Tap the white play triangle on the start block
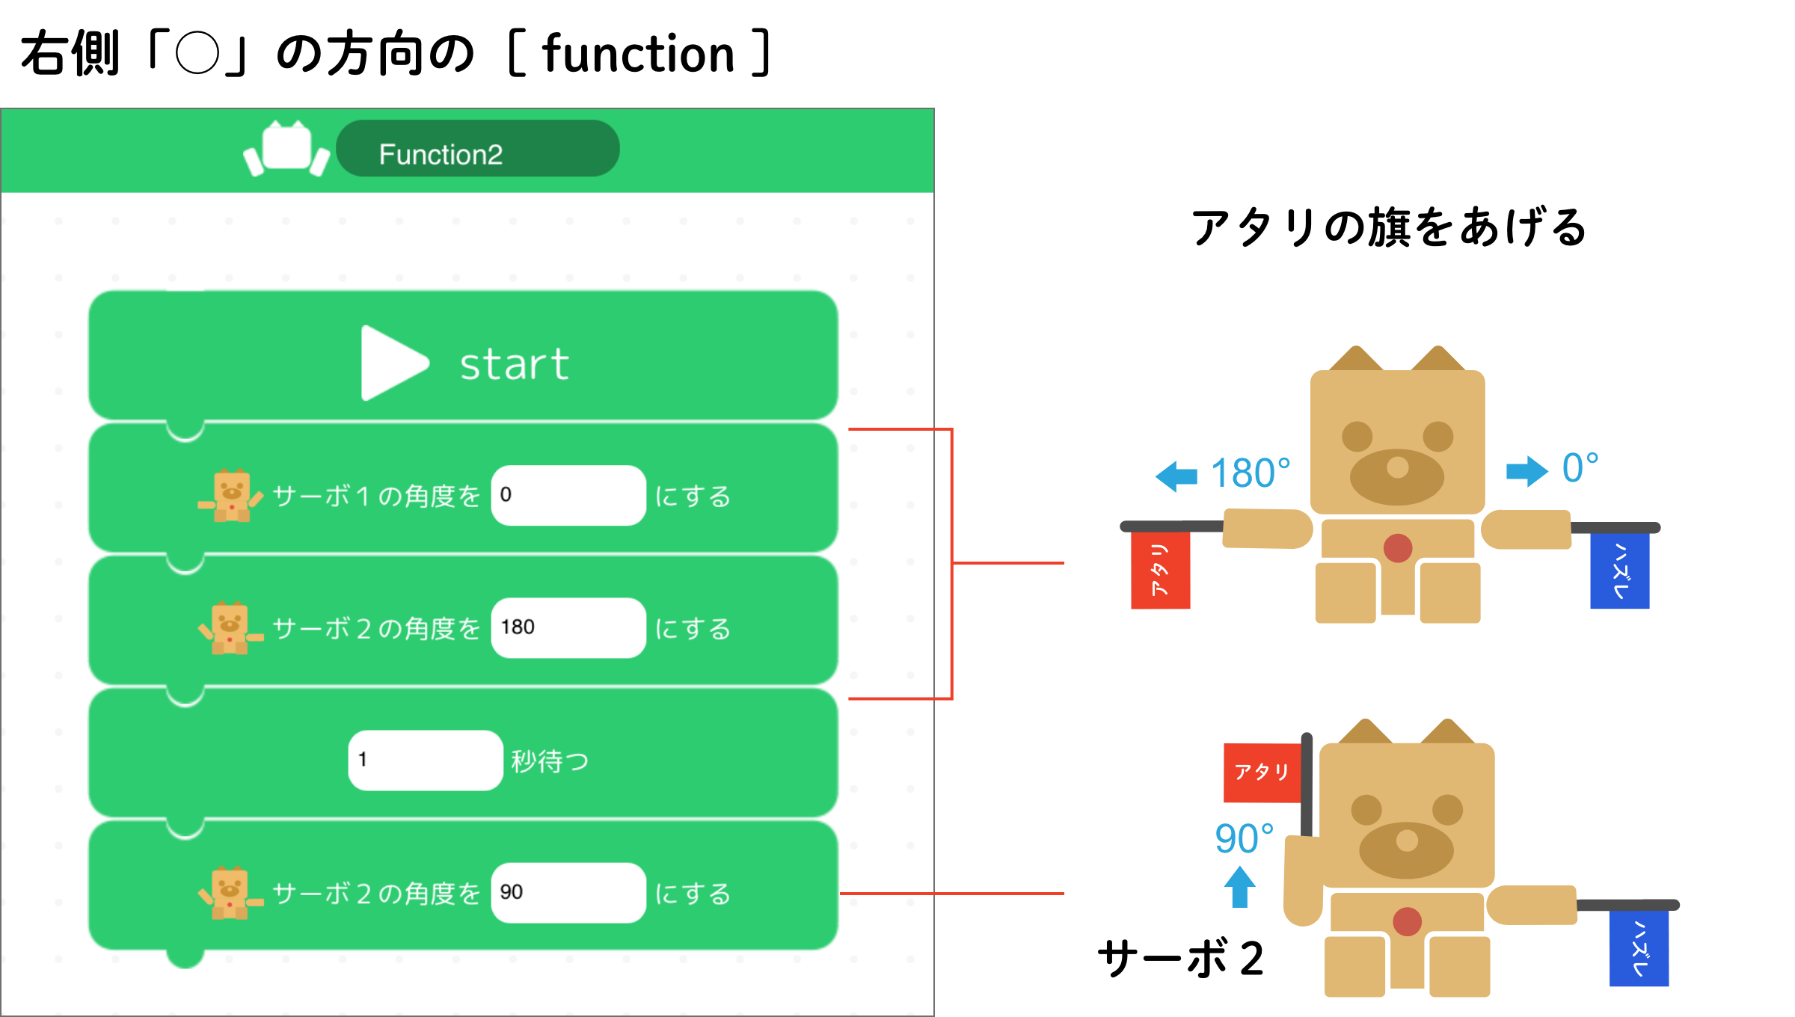click(x=391, y=363)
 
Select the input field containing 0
click(x=568, y=495)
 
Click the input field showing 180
click(x=568, y=627)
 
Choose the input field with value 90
click(x=568, y=892)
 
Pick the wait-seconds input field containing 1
click(x=425, y=760)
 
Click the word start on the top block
click(x=514, y=365)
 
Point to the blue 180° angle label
click(x=1250, y=473)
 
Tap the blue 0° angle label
click(x=1580, y=468)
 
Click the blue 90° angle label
click(x=1244, y=838)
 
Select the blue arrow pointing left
click(x=1176, y=476)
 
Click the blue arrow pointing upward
click(x=1239, y=886)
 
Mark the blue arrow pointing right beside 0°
click(x=1526, y=471)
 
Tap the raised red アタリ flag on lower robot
click(x=1262, y=772)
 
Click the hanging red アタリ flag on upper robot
click(x=1160, y=571)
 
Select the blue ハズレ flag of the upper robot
click(x=1619, y=571)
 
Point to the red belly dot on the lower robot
click(x=1407, y=921)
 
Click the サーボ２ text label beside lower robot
click(x=1180, y=958)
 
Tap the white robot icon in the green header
click(x=286, y=149)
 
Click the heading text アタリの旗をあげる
click(x=1388, y=227)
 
